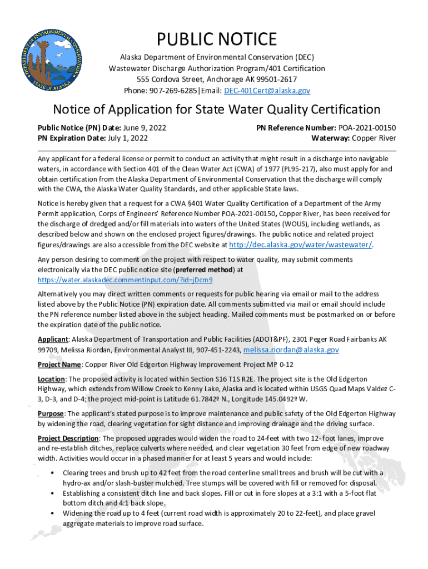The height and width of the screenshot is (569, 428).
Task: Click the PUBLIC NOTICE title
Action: [216, 39]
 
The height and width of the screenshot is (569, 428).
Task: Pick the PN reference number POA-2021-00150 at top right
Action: [365, 127]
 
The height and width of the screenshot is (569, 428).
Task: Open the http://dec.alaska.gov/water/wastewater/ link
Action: [300, 244]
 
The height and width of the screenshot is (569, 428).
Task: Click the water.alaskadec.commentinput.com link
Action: [126, 279]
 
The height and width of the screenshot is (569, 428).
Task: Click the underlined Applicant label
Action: [53, 340]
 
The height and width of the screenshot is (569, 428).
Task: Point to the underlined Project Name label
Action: [59, 365]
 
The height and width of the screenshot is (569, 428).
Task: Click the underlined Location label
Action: [51, 379]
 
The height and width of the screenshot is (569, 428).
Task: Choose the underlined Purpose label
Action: [51, 413]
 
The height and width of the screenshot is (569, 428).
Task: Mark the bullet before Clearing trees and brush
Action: [52, 473]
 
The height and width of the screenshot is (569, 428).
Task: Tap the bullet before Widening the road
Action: [52, 513]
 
